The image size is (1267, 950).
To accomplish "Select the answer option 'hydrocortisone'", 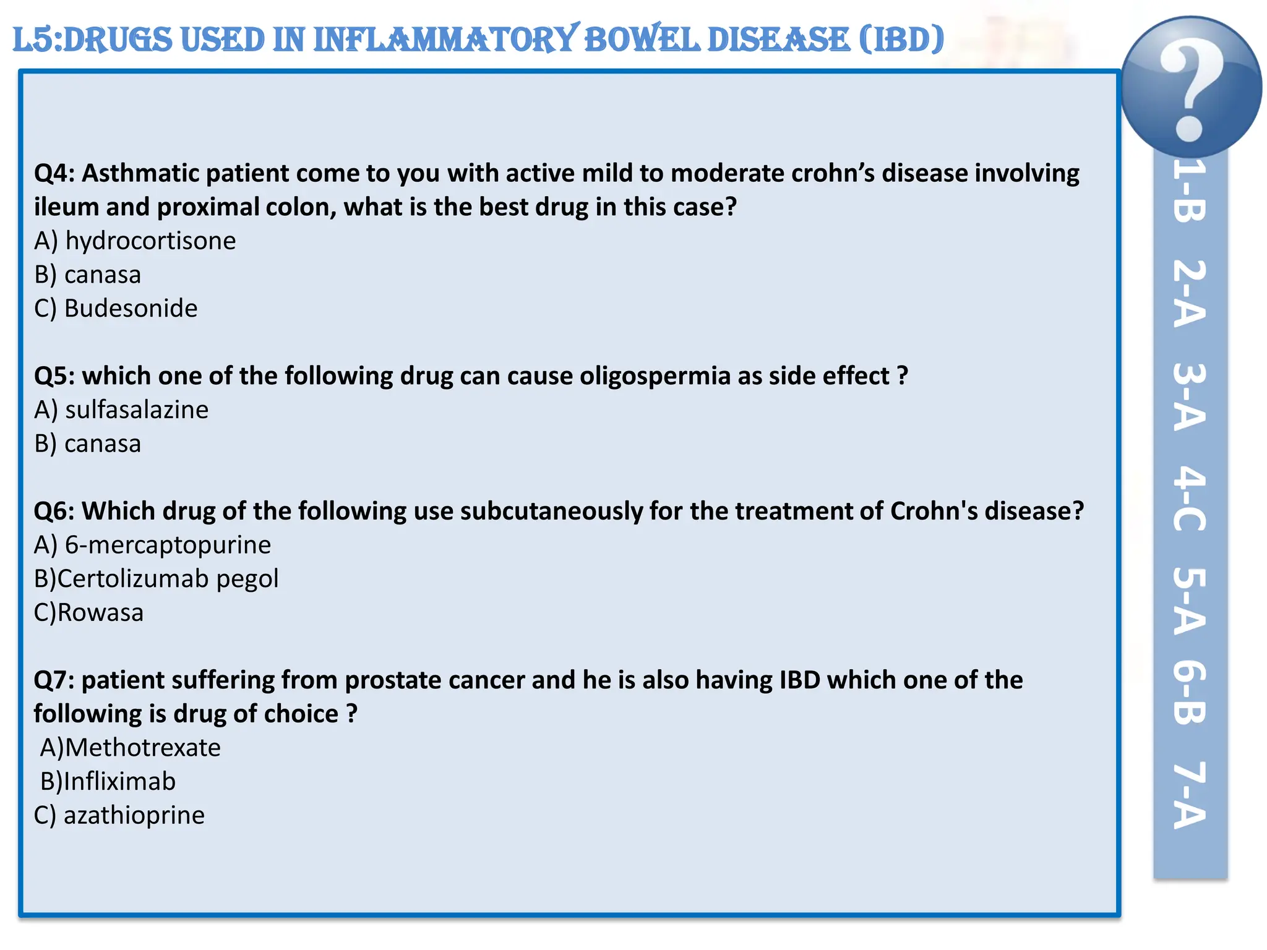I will [x=150, y=241].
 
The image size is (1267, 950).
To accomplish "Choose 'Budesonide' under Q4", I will [x=131, y=308].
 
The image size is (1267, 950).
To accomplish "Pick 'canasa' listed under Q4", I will [x=103, y=275].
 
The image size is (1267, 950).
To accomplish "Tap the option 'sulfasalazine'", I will [x=137, y=409].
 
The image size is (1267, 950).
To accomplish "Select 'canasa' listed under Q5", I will [x=103, y=443].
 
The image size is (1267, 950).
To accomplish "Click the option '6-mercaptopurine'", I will [x=168, y=545].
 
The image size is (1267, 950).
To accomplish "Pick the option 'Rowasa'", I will [x=100, y=612].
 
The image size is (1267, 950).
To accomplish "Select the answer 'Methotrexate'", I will [x=142, y=748].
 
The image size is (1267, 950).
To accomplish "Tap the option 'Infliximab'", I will [x=119, y=781].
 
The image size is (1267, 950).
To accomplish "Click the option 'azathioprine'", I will [x=134, y=815].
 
